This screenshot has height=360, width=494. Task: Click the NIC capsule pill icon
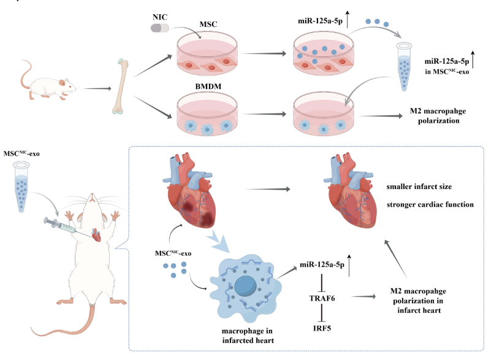click(161, 28)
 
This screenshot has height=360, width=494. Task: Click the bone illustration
click(121, 86)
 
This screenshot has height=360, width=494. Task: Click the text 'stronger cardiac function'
click(430, 204)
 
